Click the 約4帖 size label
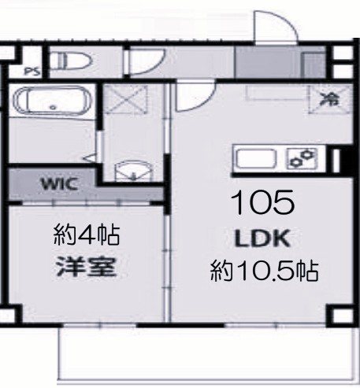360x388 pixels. click(x=87, y=234)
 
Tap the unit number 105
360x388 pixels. click(x=262, y=203)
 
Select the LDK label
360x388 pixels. click(x=262, y=238)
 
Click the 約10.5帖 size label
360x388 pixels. click(x=264, y=272)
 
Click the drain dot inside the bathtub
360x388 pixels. click(x=52, y=106)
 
